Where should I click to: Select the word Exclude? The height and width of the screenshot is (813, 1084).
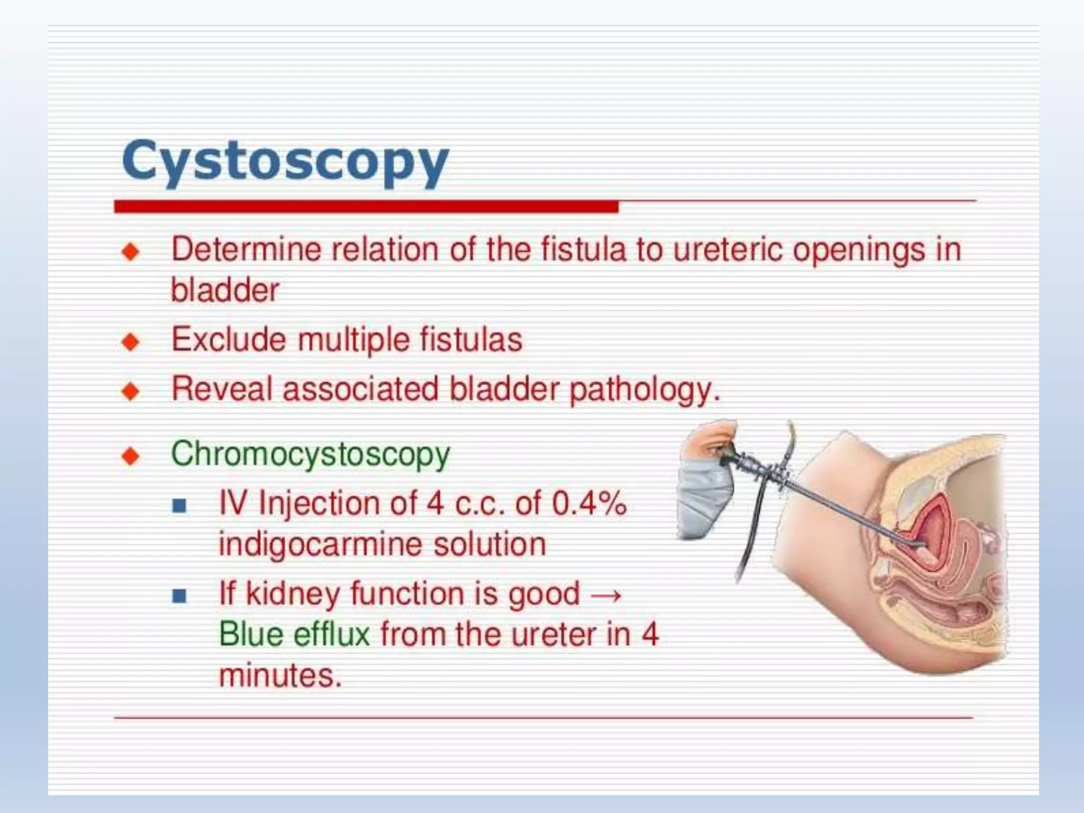coord(229,339)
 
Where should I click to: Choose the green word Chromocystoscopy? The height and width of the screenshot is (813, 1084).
coord(310,454)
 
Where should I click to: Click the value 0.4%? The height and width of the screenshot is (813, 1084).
coord(589,502)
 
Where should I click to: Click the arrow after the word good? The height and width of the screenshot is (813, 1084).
coord(606,594)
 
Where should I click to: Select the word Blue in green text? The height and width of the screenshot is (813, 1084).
coord(251,634)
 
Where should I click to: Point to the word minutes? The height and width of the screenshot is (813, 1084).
coord(280,675)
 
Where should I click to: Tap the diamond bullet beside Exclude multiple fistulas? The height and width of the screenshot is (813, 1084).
coord(130,341)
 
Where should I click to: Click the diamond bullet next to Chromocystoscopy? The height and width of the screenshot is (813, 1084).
coord(130,456)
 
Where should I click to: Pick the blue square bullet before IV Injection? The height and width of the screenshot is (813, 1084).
coord(179,505)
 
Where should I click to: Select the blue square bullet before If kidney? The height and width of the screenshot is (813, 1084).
coord(179,596)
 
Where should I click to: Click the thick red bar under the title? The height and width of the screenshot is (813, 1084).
coord(366,206)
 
